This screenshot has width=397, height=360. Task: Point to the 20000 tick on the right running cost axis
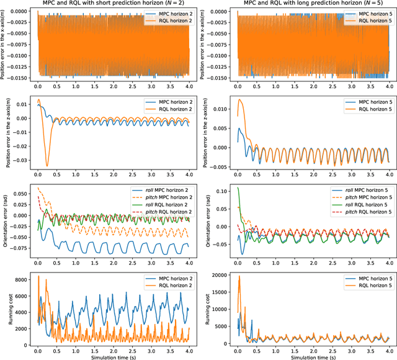(x=221, y=273)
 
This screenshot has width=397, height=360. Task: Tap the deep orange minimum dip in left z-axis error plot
(x=47, y=166)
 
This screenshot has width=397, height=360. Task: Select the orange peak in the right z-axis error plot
(x=241, y=100)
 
